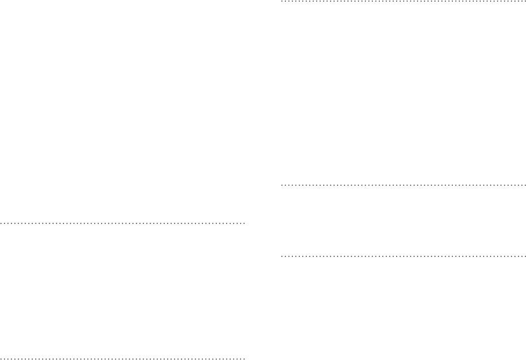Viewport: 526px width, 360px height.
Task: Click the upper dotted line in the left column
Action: point(123,222)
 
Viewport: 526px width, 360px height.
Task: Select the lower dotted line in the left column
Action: point(123,358)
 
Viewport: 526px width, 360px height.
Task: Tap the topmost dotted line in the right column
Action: point(403,2)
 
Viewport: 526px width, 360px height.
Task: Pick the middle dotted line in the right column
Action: point(403,185)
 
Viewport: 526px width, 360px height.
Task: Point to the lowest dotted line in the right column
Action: point(403,255)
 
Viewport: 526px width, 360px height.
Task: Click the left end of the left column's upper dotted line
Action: point(1,222)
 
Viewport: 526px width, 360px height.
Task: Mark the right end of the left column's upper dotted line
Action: point(245,222)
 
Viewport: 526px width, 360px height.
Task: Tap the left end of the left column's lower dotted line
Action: point(1,358)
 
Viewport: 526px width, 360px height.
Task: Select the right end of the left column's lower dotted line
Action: point(245,358)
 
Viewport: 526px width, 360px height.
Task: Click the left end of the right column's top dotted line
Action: point(281,2)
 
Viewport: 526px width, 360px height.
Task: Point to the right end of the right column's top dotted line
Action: point(525,2)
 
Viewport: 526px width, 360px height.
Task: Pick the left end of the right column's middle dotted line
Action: point(281,185)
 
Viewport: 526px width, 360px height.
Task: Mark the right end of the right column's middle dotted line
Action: point(525,185)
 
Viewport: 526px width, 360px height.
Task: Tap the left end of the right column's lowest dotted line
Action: point(281,255)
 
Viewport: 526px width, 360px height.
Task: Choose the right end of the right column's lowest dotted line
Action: point(525,255)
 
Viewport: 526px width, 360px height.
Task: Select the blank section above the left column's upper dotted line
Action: point(123,109)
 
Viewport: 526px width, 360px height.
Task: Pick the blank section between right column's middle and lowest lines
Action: point(403,219)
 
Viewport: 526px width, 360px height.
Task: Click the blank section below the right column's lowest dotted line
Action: point(403,308)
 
